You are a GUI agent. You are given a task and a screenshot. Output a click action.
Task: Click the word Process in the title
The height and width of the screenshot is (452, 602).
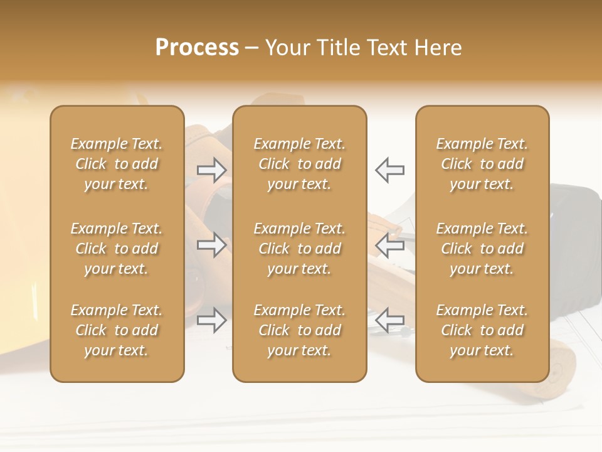pos(197,48)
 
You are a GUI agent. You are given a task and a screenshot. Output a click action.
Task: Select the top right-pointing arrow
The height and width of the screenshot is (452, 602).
pos(211,169)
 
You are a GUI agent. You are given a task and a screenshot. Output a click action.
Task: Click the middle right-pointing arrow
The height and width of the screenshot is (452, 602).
pos(211,244)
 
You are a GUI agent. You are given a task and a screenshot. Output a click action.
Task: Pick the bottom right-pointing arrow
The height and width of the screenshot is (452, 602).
pos(211,320)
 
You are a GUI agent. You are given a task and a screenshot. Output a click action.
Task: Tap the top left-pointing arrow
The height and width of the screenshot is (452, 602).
pos(389,169)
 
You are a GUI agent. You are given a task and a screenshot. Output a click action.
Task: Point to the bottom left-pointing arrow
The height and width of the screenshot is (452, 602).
pos(389,320)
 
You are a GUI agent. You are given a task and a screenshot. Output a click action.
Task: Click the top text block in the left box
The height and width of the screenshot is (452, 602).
pos(117,164)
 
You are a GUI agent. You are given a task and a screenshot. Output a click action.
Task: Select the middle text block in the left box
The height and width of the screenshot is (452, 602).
pos(117,249)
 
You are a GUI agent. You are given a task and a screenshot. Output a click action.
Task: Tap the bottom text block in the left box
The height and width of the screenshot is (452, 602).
pos(117,330)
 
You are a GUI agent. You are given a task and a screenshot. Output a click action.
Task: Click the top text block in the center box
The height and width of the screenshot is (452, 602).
pos(299,164)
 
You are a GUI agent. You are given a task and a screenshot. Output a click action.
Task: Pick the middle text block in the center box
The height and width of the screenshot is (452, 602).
pos(299,249)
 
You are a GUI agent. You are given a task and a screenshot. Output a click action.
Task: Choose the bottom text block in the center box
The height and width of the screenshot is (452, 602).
pos(299,330)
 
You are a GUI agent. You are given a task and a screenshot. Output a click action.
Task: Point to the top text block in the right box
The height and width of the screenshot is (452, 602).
pos(482,164)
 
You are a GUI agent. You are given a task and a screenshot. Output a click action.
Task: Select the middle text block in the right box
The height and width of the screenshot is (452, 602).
pos(482,249)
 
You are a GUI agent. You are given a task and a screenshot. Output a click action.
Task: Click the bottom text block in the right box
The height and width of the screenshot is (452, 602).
pos(482,330)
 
